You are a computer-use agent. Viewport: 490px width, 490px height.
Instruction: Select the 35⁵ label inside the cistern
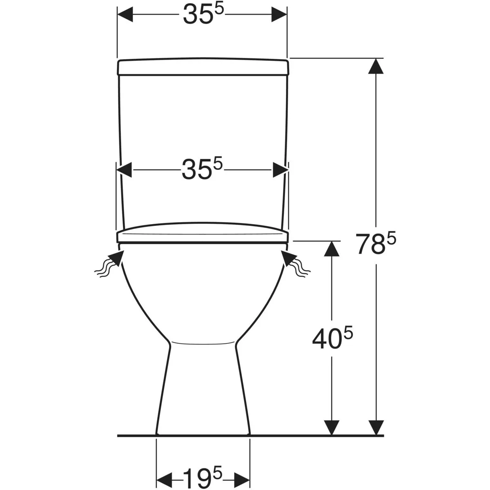tap(202, 169)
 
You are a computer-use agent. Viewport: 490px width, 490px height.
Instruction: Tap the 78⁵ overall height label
tap(376, 244)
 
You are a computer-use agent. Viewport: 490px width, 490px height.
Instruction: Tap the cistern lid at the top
tap(203, 67)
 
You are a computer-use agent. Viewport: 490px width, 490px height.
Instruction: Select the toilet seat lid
tap(203, 233)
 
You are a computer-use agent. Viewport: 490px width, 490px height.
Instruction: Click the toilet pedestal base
tap(203, 389)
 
